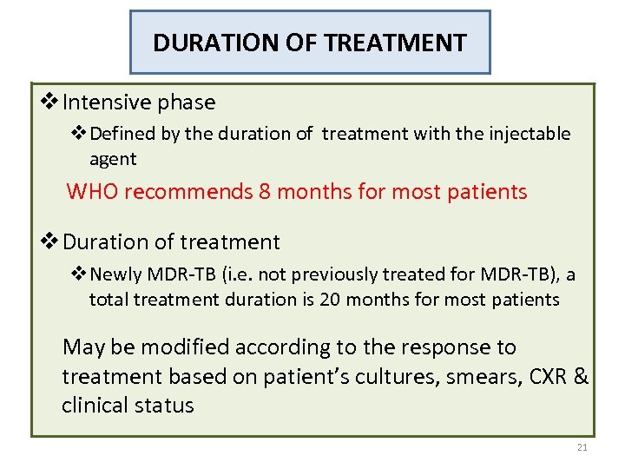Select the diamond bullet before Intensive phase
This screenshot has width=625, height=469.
[50, 102]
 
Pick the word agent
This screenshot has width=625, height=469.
[113, 159]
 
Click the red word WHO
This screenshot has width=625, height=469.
[92, 192]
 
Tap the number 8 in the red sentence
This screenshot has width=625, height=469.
[264, 192]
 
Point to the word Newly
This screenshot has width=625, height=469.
[115, 275]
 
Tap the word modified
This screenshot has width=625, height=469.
[190, 347]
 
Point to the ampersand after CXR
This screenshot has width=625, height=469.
[582, 377]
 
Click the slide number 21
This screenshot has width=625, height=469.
[582, 447]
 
